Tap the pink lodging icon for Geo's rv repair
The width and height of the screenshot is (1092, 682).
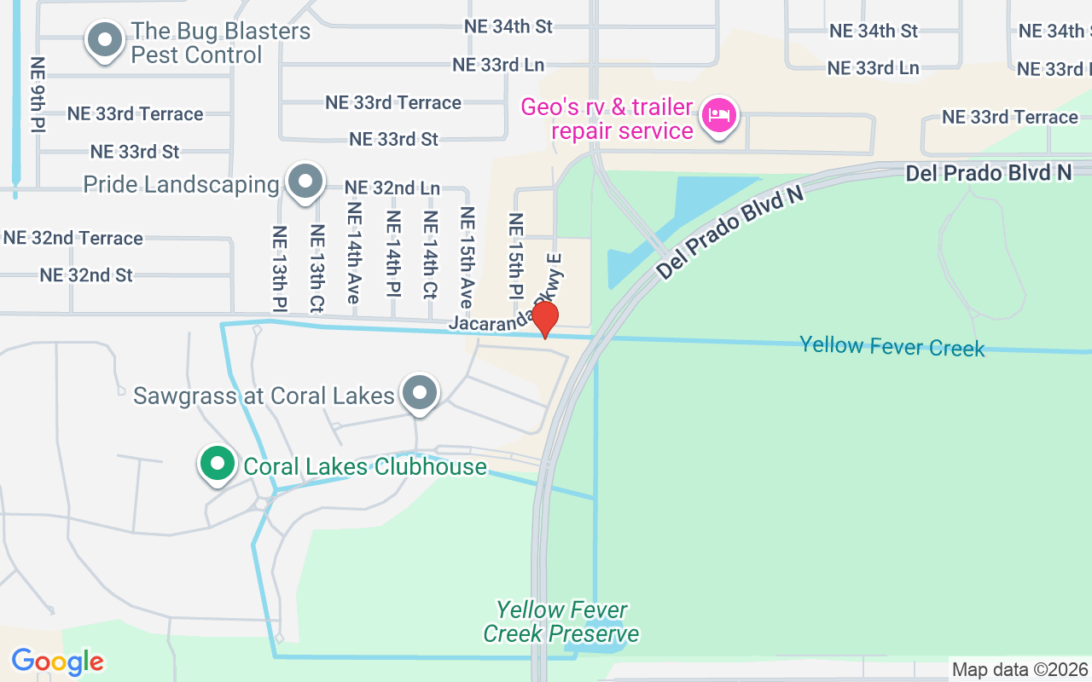click(x=719, y=117)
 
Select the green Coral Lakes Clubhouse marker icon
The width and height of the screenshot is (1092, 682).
click(x=218, y=465)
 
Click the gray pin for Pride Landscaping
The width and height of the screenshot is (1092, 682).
click(x=305, y=182)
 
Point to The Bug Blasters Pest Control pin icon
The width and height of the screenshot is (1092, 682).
click(x=105, y=40)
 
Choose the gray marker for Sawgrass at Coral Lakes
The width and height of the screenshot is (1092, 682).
click(x=419, y=393)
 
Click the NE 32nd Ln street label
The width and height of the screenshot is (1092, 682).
click(x=392, y=188)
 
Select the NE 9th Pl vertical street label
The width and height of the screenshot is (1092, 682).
click(x=38, y=95)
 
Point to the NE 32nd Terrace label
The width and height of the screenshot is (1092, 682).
click(x=73, y=238)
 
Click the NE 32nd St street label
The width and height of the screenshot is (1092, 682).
click(x=86, y=275)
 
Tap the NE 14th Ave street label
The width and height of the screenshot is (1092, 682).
click(x=354, y=252)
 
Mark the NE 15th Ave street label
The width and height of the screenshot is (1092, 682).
click(x=467, y=257)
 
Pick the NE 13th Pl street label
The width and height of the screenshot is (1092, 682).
click(x=280, y=268)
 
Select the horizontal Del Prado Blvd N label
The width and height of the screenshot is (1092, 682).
click(x=988, y=173)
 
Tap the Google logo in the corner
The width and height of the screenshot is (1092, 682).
click(x=57, y=662)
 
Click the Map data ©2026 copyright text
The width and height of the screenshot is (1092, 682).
click(x=1020, y=670)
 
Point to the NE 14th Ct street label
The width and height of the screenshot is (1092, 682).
click(x=430, y=255)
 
